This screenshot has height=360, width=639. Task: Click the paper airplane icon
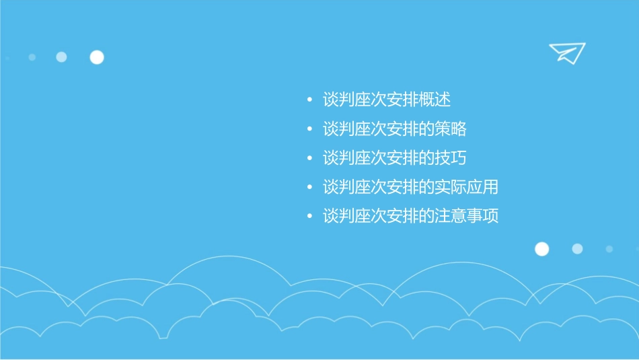(x=567, y=53)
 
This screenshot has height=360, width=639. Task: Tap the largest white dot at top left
(x=97, y=57)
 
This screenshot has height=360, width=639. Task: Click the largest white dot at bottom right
(x=542, y=249)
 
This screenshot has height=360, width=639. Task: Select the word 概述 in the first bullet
(x=434, y=100)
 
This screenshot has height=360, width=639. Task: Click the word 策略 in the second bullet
(x=450, y=129)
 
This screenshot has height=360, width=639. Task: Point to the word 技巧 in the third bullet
(x=450, y=158)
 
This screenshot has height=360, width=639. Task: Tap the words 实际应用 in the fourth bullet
(x=466, y=187)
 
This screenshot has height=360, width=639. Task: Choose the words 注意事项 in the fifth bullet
(x=466, y=217)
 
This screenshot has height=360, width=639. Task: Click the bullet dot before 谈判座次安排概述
(x=309, y=101)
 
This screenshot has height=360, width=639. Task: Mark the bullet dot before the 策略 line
(x=309, y=130)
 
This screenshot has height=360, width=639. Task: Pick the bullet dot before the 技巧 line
(x=309, y=159)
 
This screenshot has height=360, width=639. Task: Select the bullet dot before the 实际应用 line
(x=309, y=188)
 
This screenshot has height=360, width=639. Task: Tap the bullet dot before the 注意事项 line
(x=309, y=217)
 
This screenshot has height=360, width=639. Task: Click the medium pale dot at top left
(x=61, y=57)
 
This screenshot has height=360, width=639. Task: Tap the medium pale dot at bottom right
(x=577, y=249)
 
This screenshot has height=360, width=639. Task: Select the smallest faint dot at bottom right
(x=609, y=249)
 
